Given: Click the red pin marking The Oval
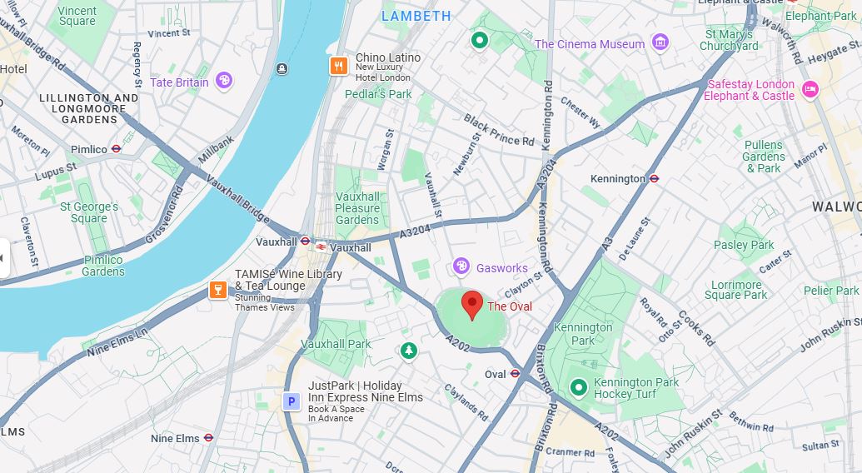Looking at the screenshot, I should click(472, 305).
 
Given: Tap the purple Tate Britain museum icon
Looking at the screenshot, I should click(223, 81).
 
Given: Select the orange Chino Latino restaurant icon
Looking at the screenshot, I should click(338, 66).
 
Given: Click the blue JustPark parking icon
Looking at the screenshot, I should click(291, 402).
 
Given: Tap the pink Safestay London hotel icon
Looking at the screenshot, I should click(810, 90).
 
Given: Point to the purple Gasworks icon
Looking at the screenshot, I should click(461, 267).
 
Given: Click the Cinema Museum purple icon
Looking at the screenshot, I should click(660, 42).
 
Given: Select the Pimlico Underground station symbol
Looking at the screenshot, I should click(117, 150).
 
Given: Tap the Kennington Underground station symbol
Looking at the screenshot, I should click(655, 178).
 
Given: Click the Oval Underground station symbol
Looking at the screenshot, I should click(515, 374).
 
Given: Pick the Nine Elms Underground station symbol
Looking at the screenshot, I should click(208, 437).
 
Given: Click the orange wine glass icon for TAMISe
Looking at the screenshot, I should click(217, 290).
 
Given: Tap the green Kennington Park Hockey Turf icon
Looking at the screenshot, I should click(578, 388).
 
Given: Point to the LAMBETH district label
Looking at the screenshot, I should click(416, 16).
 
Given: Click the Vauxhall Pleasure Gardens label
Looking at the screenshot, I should click(357, 208).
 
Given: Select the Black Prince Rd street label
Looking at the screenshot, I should click(498, 130).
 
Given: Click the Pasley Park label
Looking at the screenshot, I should click(744, 245).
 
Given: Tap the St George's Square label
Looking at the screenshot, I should click(90, 212).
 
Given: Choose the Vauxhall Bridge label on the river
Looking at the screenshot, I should click(237, 198).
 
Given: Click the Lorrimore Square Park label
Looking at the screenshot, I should click(735, 289).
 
